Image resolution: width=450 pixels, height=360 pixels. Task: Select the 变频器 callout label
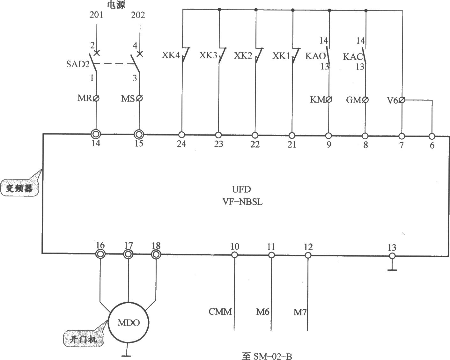point(19,188)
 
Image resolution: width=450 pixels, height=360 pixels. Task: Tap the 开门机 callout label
point(84,339)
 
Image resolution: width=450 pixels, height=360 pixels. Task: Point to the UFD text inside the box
point(241,189)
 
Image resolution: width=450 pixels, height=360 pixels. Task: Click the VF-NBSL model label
point(243,202)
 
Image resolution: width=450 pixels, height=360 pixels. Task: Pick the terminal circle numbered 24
point(182,135)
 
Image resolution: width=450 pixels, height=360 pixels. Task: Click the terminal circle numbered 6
point(432,136)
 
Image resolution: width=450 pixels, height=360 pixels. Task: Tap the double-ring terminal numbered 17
point(128,254)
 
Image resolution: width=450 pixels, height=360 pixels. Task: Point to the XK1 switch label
point(281,56)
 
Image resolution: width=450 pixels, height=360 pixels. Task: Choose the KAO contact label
point(315,56)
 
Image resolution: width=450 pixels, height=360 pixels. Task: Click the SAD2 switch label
point(78,64)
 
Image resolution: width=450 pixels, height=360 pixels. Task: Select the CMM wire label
point(220,312)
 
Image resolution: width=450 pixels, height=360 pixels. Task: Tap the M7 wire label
point(300,312)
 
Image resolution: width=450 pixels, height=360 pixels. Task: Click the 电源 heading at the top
point(116,5)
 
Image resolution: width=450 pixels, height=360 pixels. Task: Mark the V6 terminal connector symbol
point(402,100)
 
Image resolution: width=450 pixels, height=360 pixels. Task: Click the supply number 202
point(138,15)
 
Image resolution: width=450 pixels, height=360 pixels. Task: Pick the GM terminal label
point(354,100)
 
